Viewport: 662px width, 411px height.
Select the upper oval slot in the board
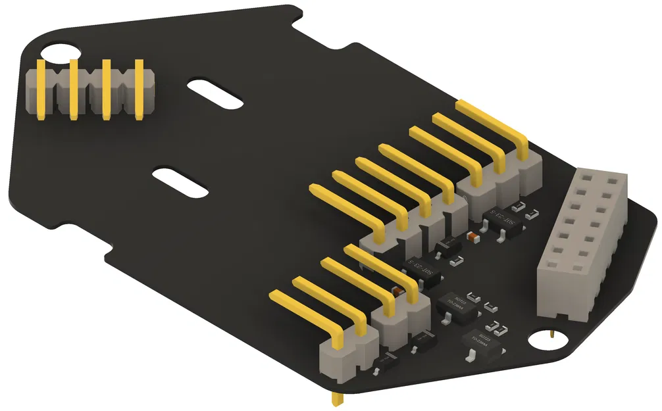pos(215,93)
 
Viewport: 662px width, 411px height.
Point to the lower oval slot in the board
pos(180,181)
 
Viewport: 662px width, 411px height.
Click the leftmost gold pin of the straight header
pos(41,89)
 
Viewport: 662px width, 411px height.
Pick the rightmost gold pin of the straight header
pos(139,89)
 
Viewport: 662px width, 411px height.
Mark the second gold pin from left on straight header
pos(74,89)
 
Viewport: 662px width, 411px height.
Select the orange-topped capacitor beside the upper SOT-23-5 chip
pos(471,235)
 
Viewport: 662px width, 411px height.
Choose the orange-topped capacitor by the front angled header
pos(397,291)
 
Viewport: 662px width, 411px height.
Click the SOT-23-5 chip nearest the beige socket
pos(505,220)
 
